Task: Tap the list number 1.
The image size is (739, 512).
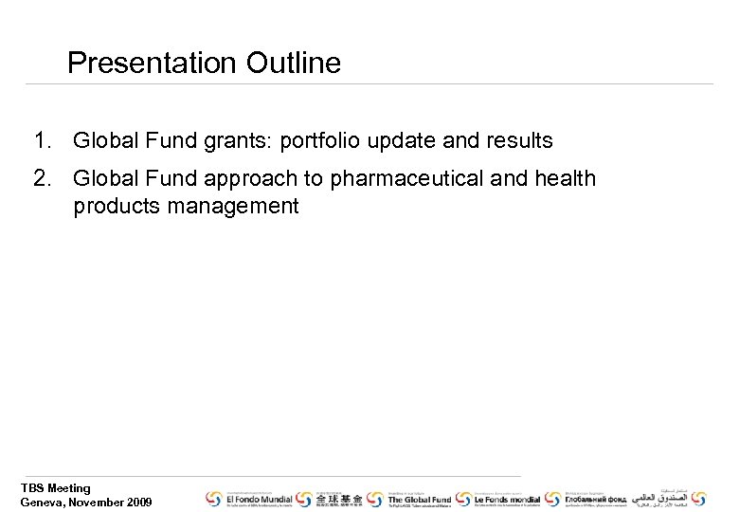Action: pyautogui.click(x=41, y=141)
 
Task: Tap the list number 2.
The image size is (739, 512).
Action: pyautogui.click(x=41, y=178)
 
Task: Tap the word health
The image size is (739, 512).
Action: pyautogui.click(x=565, y=178)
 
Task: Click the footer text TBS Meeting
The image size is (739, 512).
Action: pyautogui.click(x=56, y=488)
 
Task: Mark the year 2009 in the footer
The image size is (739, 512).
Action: pyautogui.click(x=137, y=502)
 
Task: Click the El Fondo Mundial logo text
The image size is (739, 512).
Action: pyautogui.click(x=258, y=499)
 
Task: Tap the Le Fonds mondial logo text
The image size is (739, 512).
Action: pyautogui.click(x=507, y=499)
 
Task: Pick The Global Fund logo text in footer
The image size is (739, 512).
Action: pyautogui.click(x=419, y=499)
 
